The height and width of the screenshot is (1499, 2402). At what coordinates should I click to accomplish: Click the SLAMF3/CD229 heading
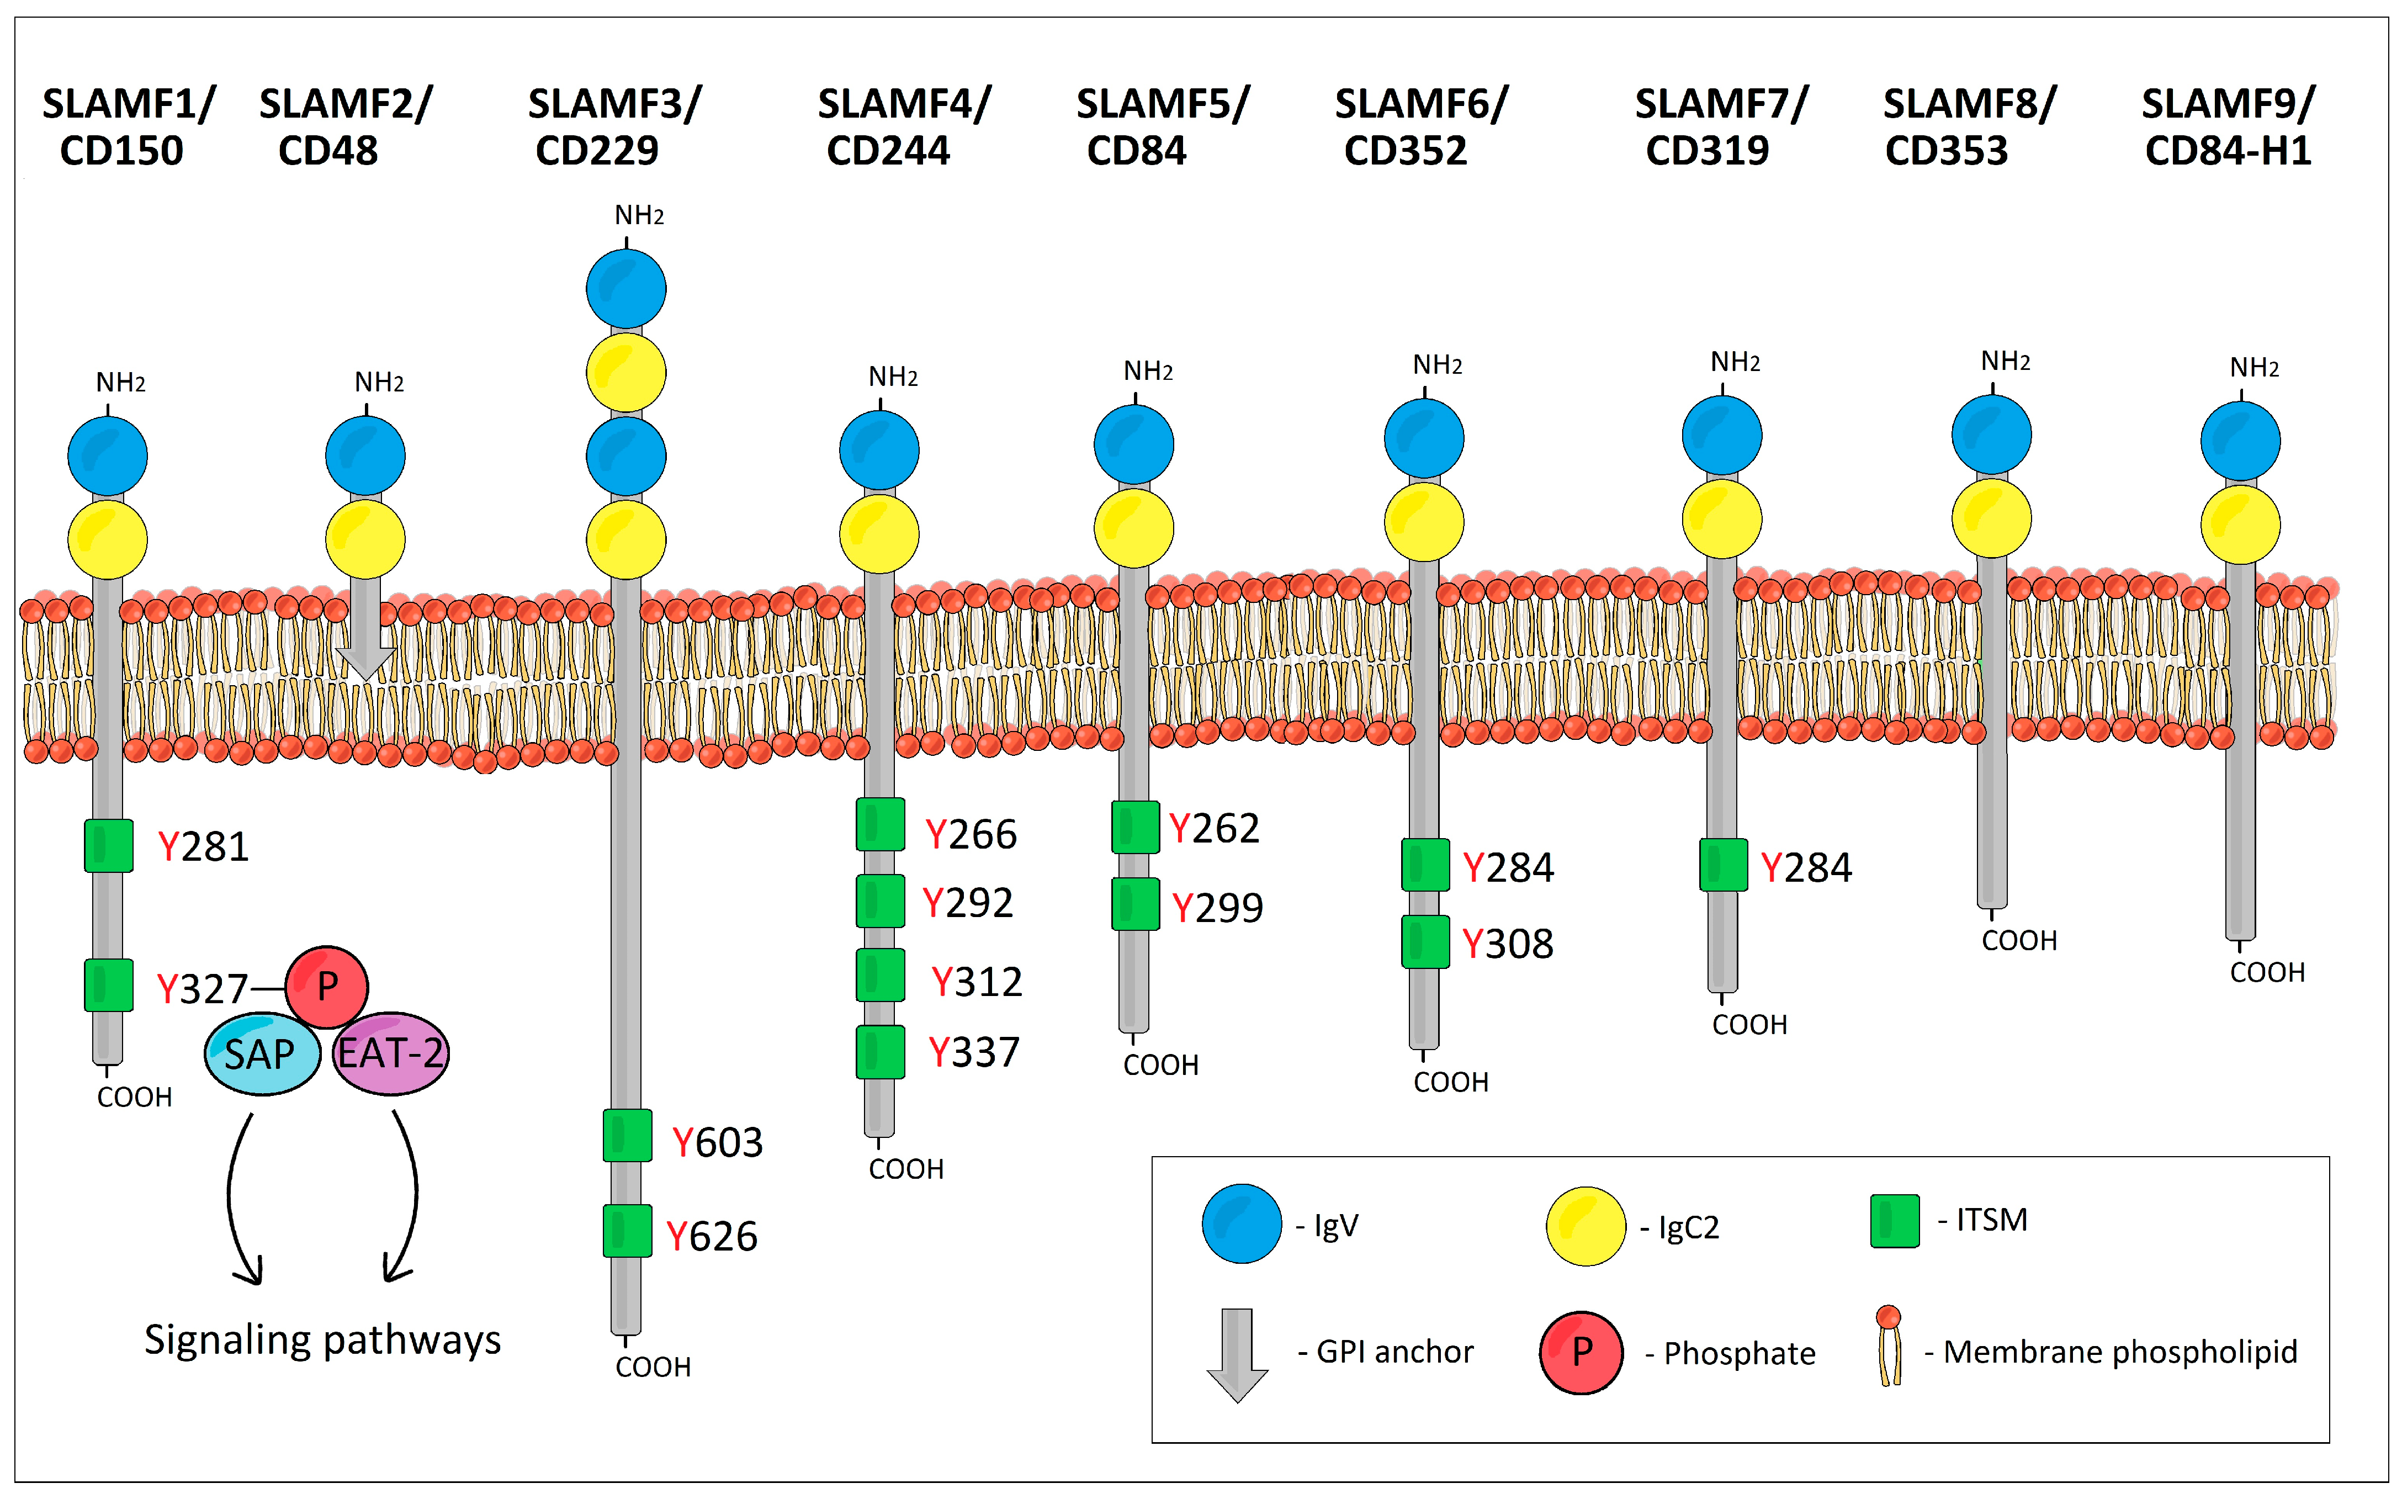tap(614, 127)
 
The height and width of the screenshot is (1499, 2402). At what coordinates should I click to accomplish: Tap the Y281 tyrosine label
tap(203, 846)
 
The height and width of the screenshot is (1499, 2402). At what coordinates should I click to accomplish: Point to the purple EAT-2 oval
tap(391, 1053)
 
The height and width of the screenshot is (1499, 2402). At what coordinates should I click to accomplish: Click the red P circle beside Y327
tap(327, 987)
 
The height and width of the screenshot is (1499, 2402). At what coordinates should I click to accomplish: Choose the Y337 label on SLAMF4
tap(973, 1052)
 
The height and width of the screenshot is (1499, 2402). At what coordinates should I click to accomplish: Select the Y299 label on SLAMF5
tap(1217, 907)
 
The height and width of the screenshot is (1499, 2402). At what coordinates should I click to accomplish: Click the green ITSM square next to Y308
tap(1424, 942)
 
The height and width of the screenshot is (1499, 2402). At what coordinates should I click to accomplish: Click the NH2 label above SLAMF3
tap(638, 215)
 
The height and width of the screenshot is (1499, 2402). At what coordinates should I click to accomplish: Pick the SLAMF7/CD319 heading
tap(1720, 127)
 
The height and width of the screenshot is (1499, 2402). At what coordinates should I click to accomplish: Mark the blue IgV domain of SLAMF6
tap(1424, 438)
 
